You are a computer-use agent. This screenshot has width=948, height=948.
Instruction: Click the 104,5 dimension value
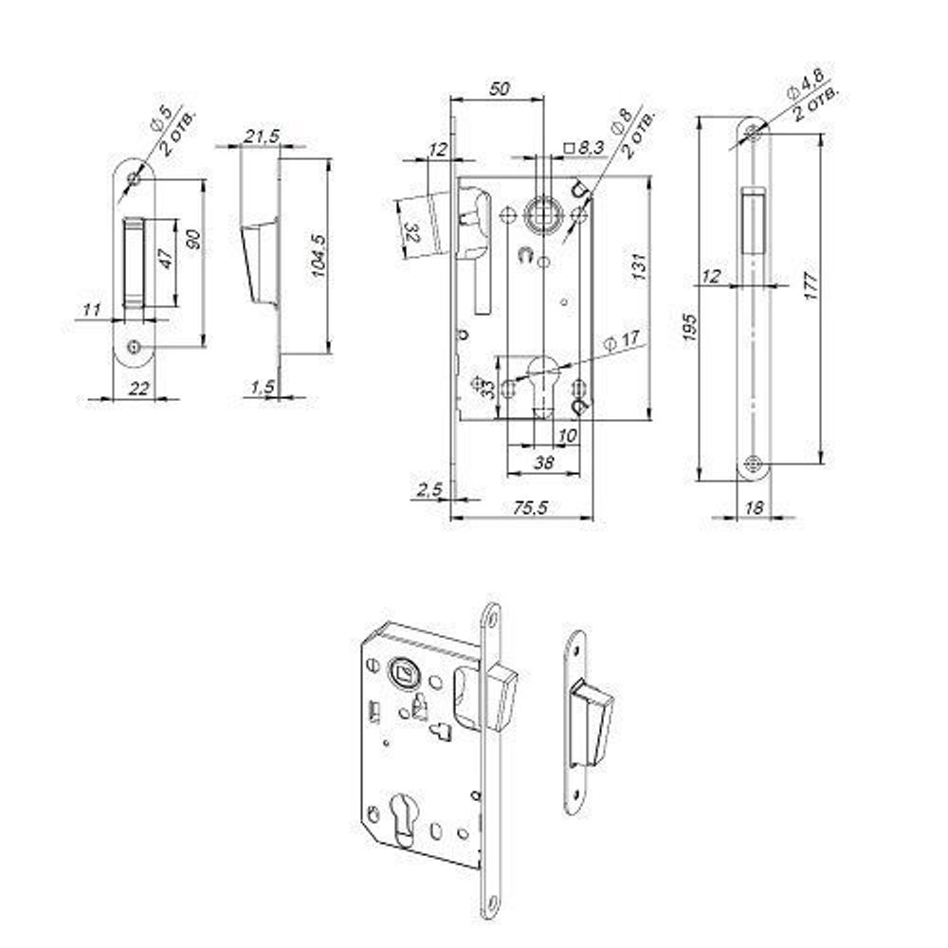pos(319,256)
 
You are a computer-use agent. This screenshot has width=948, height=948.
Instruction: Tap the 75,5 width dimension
pos(530,508)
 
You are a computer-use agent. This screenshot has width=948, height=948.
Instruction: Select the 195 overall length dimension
pos(690,327)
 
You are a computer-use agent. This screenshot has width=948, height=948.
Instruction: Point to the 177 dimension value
pos(811,286)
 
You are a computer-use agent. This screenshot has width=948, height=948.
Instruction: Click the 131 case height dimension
pos(639,266)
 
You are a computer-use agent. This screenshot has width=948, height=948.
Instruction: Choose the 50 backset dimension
pos(500,89)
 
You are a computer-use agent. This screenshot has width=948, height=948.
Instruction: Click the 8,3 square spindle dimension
pos(584,148)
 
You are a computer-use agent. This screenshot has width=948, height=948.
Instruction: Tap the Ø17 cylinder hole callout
pos(622,340)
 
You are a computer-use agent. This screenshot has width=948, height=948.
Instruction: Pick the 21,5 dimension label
pos(262,136)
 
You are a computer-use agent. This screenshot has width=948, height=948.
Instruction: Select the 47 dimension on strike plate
pos(166,258)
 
